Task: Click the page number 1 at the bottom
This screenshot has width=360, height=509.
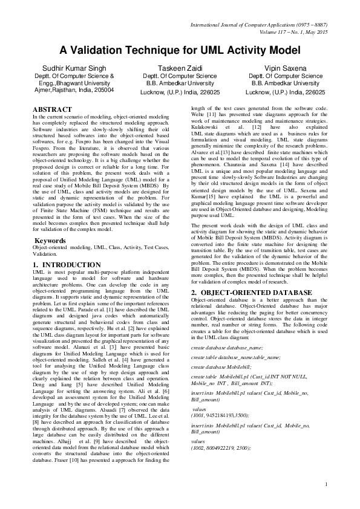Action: click(326, 483)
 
